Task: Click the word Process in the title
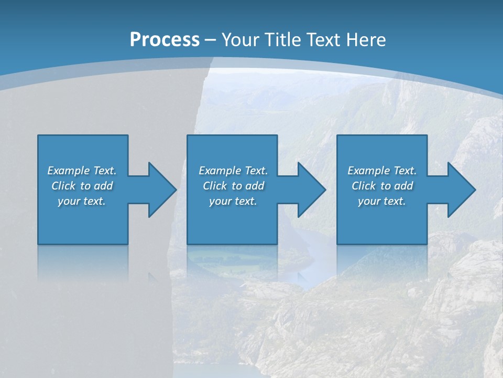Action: pyautogui.click(x=165, y=40)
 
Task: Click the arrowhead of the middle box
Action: pyautogui.click(x=311, y=190)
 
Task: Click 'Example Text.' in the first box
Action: pyautogui.click(x=82, y=171)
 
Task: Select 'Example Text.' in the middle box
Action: pyautogui.click(x=233, y=171)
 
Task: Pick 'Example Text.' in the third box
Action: pyautogui.click(x=382, y=171)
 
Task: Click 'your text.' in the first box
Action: pyautogui.click(x=82, y=201)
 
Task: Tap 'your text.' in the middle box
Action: pyautogui.click(x=233, y=201)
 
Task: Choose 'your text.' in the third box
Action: pyautogui.click(x=382, y=201)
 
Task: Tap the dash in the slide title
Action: pyautogui.click(x=211, y=40)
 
